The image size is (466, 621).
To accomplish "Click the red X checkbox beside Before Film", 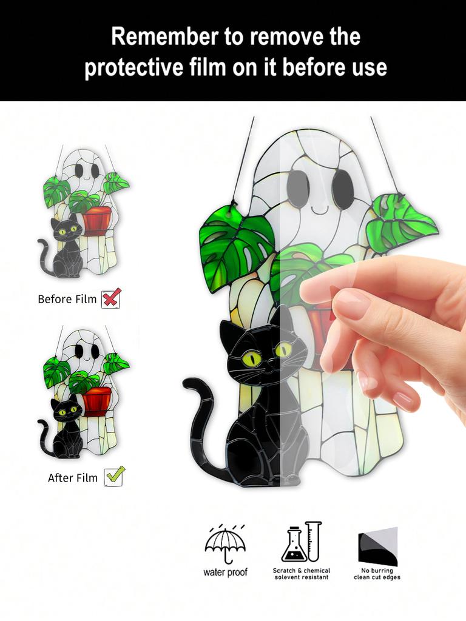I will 111,298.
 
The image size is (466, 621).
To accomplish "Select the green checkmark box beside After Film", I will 114,476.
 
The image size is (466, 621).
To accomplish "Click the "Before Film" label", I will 67,299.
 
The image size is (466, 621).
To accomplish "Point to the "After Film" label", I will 73,478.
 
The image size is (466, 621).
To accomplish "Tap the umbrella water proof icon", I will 225,543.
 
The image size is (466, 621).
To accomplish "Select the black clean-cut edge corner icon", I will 377,546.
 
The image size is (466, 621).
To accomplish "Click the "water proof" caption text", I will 225,572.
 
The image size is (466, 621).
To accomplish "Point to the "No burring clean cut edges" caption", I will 377,574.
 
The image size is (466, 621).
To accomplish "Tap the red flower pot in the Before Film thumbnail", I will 97,220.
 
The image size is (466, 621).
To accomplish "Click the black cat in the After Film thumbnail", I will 66,428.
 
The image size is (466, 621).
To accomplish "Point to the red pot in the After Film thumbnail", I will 97,400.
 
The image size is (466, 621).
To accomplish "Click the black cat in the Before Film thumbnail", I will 66,249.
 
